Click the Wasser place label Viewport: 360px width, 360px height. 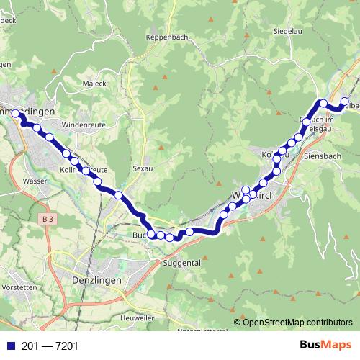click(x=35, y=181)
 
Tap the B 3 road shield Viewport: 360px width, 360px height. click(x=48, y=218)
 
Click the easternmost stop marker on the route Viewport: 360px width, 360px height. click(x=345, y=102)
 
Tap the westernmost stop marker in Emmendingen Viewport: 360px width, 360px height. click(x=15, y=113)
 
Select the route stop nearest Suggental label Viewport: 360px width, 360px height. click(x=170, y=237)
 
